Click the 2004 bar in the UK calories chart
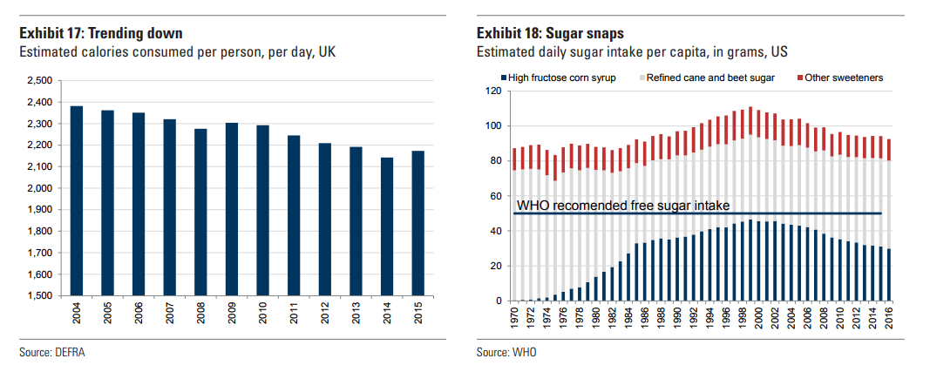pyautogui.click(x=77, y=200)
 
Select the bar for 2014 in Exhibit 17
pyautogui.click(x=388, y=227)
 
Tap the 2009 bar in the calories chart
pyautogui.click(x=232, y=209)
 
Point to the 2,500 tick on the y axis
pyautogui.click(x=40, y=80)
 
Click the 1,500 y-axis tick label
pyautogui.click(x=40, y=296)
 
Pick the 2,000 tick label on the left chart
pyautogui.click(x=40, y=188)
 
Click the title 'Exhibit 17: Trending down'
pyautogui.click(x=101, y=34)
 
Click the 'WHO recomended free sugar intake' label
pyautogui.click(x=622, y=206)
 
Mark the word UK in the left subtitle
pyautogui.click(x=324, y=53)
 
